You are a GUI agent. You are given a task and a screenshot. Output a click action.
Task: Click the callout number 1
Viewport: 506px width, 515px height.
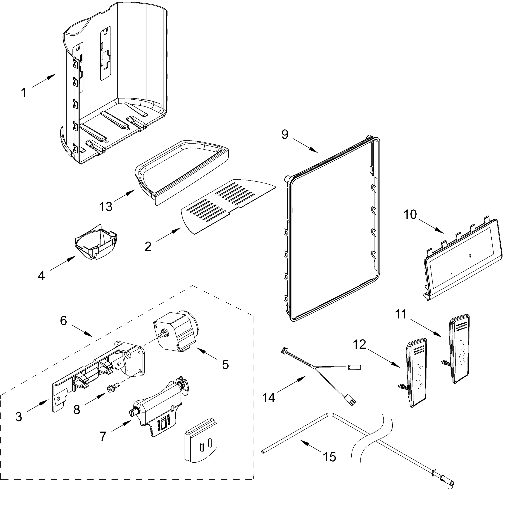point(24,93)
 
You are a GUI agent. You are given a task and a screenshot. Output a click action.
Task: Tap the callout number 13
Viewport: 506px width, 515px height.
point(106,207)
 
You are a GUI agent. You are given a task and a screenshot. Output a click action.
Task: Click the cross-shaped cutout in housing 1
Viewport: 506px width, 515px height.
point(106,58)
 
